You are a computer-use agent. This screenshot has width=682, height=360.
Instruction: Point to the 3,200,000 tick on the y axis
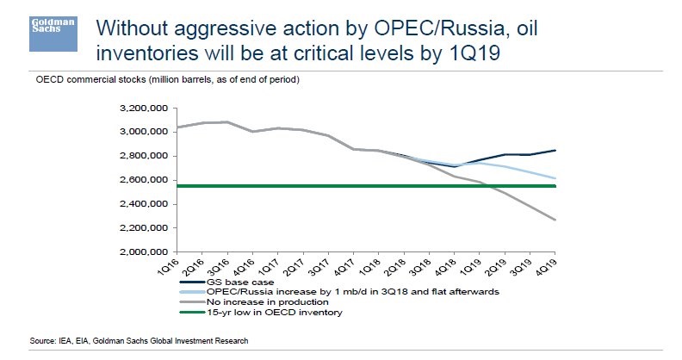tap(140, 109)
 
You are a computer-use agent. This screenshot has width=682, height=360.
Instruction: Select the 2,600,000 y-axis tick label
tap(140, 180)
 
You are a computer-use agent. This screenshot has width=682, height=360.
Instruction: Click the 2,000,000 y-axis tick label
tap(140, 252)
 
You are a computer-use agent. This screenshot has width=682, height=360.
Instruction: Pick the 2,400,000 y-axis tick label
tap(140, 204)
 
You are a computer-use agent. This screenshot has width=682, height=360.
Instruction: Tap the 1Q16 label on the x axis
tap(170, 265)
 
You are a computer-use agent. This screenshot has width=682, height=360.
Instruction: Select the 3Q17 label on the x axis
tap(313, 265)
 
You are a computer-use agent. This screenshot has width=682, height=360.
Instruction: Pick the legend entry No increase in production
tap(268, 302)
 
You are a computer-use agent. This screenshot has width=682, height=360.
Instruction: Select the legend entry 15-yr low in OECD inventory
tap(273, 313)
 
